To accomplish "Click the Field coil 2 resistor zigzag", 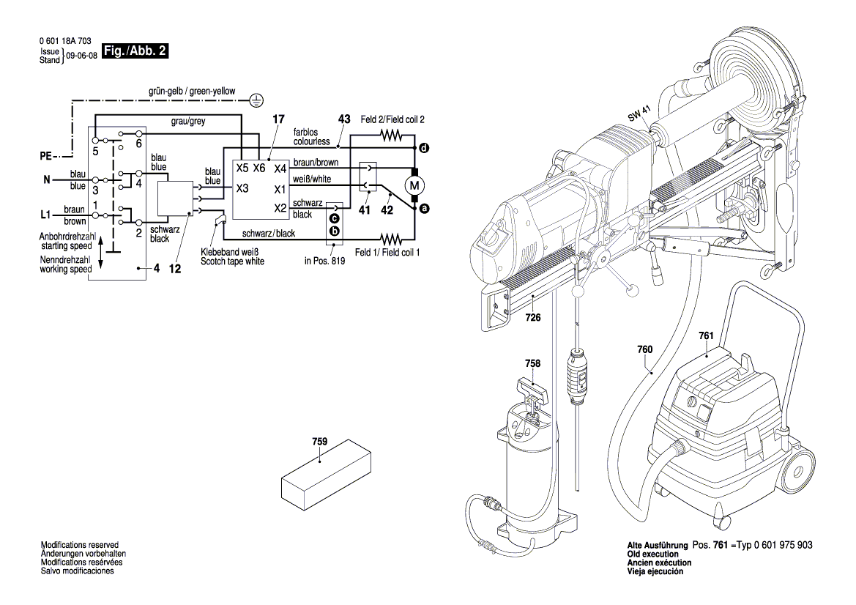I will [x=391, y=135].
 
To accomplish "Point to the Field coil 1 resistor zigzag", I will [x=391, y=239].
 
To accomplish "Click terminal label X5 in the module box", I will [x=243, y=168].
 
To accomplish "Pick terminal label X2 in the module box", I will [x=280, y=208].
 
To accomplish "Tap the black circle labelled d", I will [x=423, y=149].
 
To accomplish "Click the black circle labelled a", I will [x=423, y=209].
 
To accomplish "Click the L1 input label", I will [x=45, y=215].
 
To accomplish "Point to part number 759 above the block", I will [x=319, y=442].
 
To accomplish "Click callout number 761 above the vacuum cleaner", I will [x=706, y=335].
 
